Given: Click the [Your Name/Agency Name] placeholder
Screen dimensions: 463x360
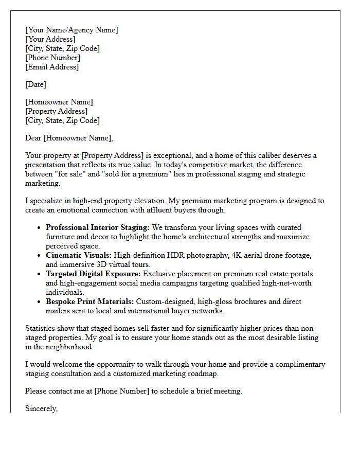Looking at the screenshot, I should (71, 30).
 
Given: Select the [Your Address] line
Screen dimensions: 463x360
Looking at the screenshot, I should (50, 39).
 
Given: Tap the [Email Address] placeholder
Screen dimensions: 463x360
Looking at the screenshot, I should (52, 67).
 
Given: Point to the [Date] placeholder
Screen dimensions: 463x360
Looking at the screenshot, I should (35, 84).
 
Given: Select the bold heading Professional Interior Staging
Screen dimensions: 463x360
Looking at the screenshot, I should (97, 227).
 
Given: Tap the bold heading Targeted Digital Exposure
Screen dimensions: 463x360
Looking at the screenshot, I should (94, 274).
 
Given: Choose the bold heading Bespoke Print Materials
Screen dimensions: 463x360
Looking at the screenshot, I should (90, 301).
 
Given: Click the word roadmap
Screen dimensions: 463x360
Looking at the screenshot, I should (202, 373).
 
